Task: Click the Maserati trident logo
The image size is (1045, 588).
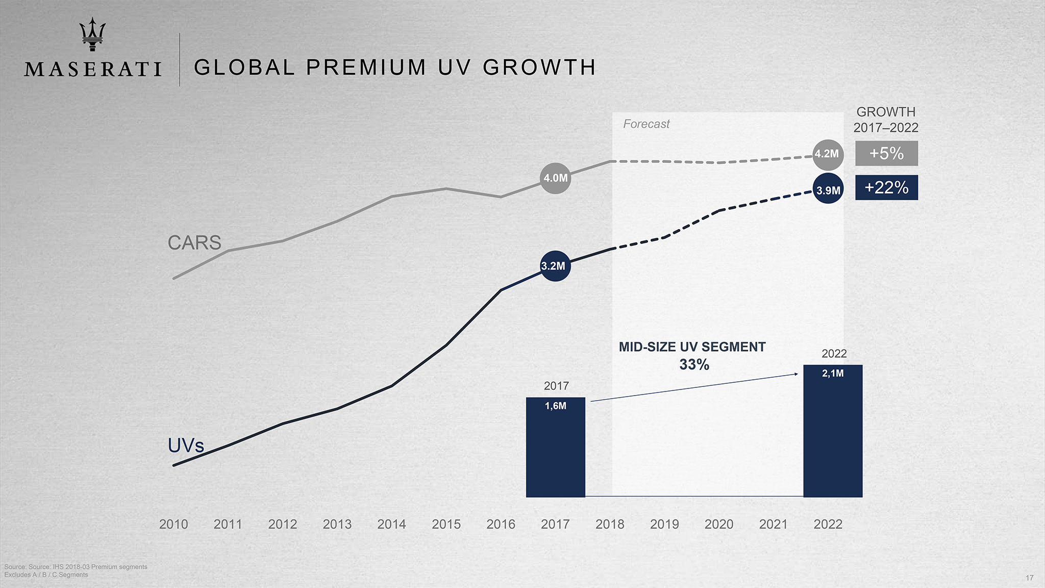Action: (92, 34)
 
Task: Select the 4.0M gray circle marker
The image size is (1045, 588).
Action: (555, 178)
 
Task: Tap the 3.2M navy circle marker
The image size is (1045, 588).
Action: (555, 266)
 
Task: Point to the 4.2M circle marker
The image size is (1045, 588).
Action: (827, 154)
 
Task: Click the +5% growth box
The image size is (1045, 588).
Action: (886, 153)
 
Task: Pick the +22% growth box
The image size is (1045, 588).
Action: (886, 187)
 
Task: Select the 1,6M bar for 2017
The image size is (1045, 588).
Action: (555, 447)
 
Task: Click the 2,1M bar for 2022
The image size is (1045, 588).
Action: (833, 430)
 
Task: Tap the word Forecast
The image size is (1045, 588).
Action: (646, 124)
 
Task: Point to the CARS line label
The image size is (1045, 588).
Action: (194, 242)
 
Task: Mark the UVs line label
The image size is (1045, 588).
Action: (186, 446)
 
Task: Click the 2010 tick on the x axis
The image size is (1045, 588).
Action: (173, 524)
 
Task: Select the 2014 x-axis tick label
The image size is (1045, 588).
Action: (391, 524)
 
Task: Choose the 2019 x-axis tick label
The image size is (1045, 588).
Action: (664, 524)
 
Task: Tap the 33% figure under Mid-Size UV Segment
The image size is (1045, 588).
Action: (694, 364)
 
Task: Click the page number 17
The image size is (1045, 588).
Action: (1029, 578)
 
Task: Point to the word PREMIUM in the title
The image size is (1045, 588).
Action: (366, 67)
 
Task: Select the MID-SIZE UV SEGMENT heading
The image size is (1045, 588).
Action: (692, 347)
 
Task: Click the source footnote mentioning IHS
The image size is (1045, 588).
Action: (76, 567)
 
